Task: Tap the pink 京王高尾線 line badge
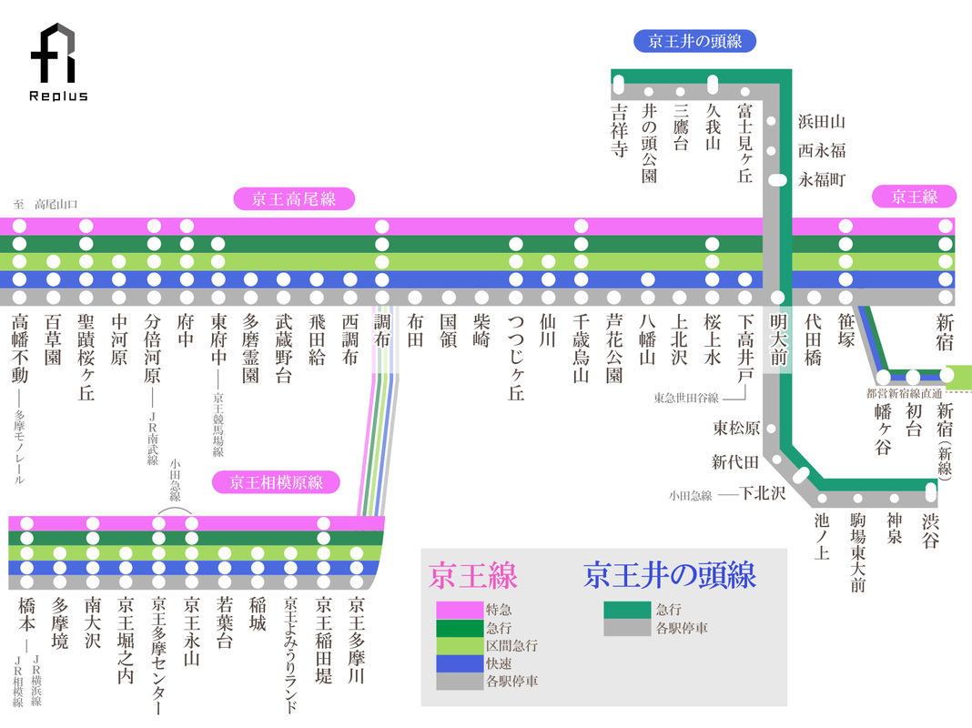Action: [294, 199]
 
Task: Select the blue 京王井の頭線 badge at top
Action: [694, 41]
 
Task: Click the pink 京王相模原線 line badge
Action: [276, 482]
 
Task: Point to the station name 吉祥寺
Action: [620, 130]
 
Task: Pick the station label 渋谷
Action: [929, 531]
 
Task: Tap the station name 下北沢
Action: [763, 494]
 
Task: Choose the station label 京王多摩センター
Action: [158, 655]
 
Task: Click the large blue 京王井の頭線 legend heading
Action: [670, 574]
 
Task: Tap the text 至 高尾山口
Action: [46, 203]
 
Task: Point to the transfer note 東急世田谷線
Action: [686, 398]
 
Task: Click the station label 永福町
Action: [822, 179]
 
